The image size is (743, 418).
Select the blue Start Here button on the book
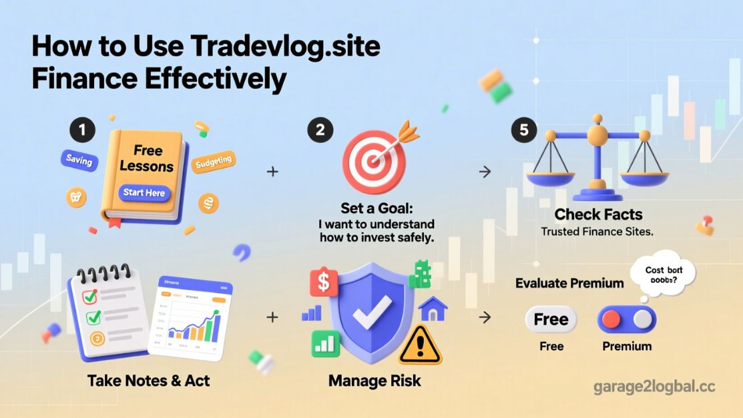[x=144, y=193]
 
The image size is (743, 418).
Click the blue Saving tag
[x=79, y=160]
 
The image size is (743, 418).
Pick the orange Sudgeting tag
[x=214, y=161]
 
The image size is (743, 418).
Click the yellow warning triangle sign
[x=420, y=343]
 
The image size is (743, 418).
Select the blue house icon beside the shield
[x=433, y=308]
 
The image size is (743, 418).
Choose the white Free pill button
[x=551, y=319]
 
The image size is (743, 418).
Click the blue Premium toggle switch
[x=627, y=320]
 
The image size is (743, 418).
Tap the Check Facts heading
[x=598, y=215]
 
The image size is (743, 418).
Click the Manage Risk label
[x=375, y=381]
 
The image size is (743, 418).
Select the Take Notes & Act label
[x=148, y=381]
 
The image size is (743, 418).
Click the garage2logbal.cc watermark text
[x=654, y=387]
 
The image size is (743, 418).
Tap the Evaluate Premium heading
[x=569, y=283]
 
